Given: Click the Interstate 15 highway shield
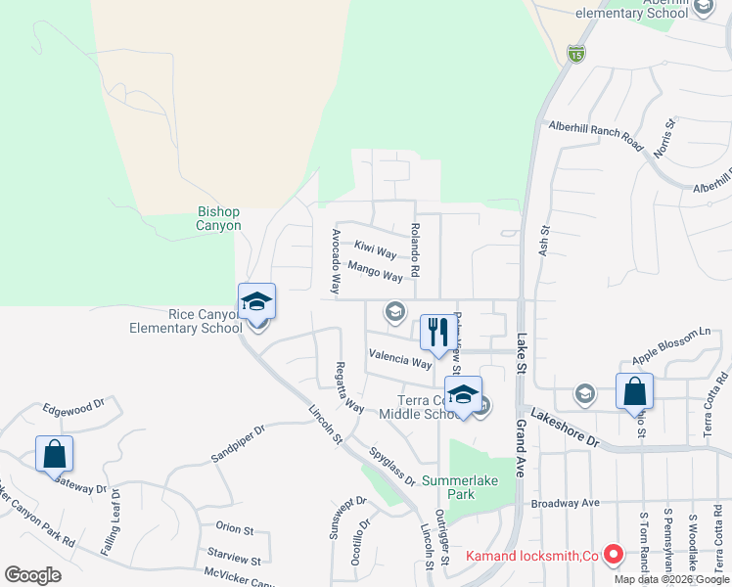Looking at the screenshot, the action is click(x=576, y=53).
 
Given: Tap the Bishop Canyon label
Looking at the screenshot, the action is click(x=219, y=218).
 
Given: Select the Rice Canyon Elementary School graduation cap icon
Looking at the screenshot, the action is click(x=256, y=301).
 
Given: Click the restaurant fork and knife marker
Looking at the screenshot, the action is click(x=437, y=332).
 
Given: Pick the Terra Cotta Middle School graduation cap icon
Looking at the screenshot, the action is click(x=464, y=393).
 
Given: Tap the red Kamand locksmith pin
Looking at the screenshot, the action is click(x=614, y=555).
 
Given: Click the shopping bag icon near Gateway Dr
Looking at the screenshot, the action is click(x=54, y=453).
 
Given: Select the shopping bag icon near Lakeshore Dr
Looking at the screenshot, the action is click(x=634, y=390).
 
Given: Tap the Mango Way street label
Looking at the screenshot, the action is click(x=375, y=272).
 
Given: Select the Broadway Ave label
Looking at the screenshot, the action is click(x=565, y=503).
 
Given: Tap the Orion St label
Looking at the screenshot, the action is click(x=234, y=529).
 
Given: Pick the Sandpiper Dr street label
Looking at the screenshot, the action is click(x=238, y=444).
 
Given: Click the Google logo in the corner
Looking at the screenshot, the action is click(x=32, y=575).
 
